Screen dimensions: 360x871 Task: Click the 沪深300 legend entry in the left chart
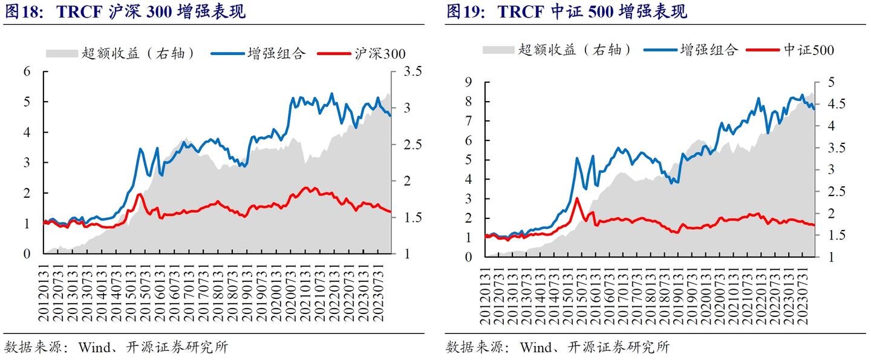(380, 53)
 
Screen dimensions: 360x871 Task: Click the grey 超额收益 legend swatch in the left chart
(62, 53)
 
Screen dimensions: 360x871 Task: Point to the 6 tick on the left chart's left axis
(27, 71)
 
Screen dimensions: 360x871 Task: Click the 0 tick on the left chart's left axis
(27, 254)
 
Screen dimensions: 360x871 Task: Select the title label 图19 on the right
(463, 12)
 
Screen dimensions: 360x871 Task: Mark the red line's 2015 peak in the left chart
(140, 194)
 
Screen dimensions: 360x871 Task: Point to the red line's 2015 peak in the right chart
(577, 198)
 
